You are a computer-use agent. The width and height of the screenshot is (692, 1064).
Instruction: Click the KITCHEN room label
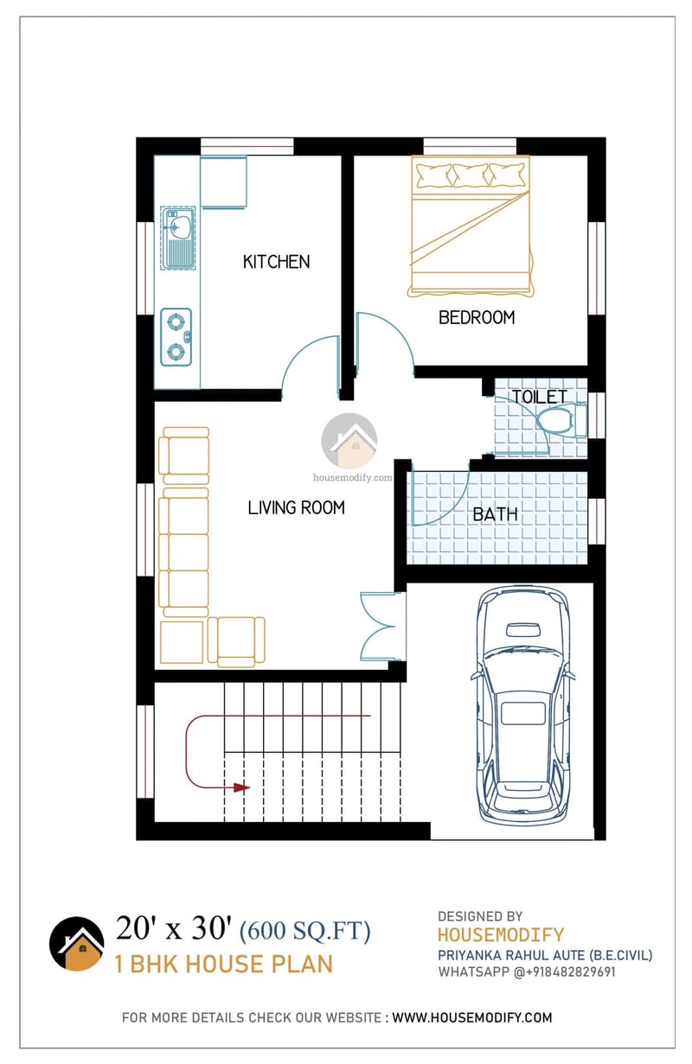pos(276,261)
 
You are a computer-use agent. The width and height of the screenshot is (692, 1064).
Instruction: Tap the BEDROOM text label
pos(477,317)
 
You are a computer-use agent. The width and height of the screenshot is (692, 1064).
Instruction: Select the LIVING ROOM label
pos(296,507)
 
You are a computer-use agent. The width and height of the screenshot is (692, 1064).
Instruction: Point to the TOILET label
pos(540,397)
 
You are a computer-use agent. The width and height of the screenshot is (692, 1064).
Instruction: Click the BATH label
pos(495,514)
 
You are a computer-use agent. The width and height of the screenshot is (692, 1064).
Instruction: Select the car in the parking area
pos(522,704)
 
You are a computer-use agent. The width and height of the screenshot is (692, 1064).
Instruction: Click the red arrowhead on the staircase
pos(242,787)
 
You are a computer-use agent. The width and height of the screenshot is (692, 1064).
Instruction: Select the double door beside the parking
pos(381,627)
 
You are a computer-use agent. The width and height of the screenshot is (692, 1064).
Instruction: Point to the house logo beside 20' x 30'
pos(76,944)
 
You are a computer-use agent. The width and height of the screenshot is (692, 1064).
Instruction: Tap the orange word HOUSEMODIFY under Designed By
pos(500,934)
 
